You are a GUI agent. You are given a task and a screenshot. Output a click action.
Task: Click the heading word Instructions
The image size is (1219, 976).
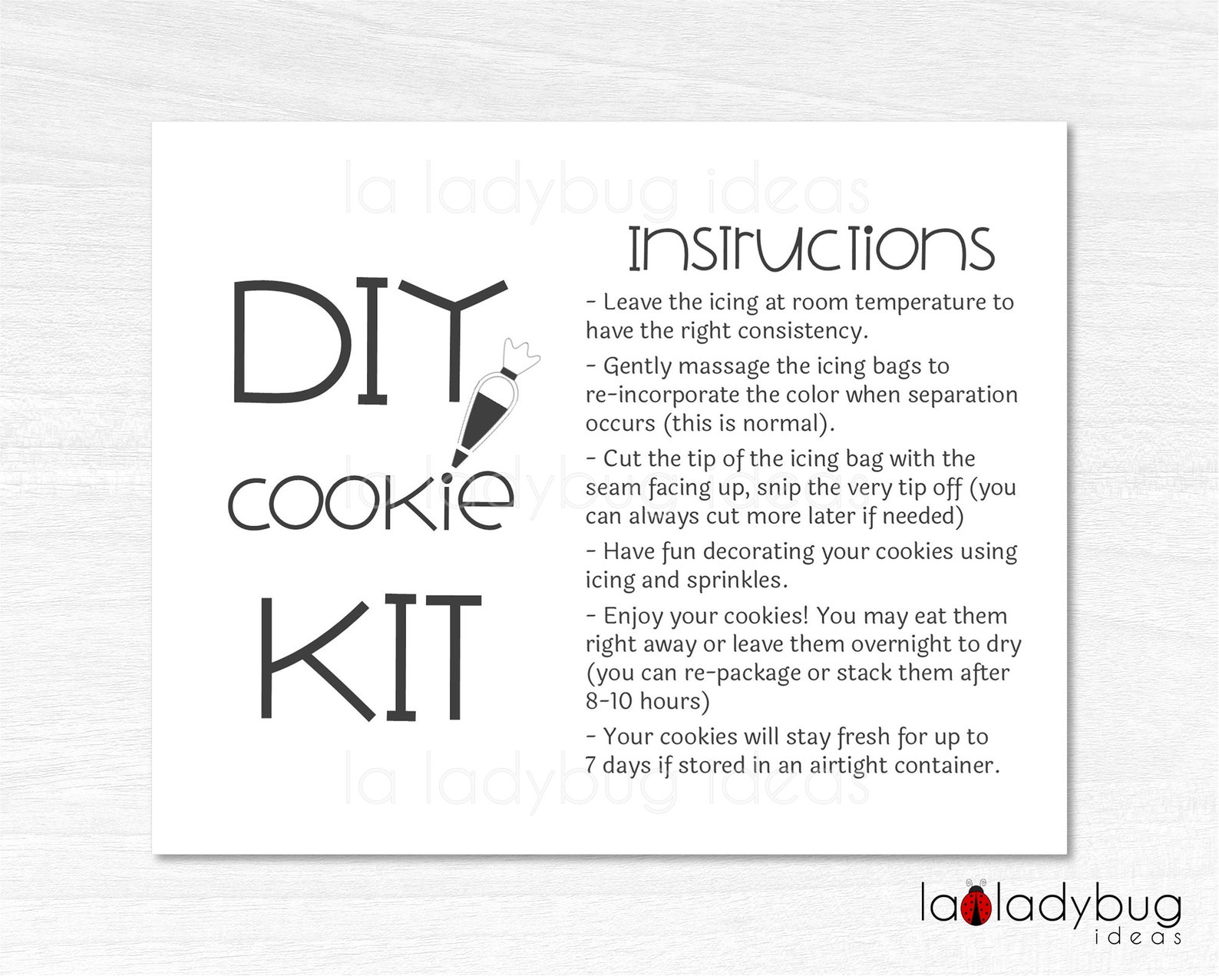811,250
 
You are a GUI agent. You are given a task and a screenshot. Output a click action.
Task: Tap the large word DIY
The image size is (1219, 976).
368,343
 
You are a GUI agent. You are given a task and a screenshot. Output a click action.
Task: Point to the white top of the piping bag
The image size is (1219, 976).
520,356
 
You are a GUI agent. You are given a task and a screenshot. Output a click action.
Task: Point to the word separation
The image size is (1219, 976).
963,395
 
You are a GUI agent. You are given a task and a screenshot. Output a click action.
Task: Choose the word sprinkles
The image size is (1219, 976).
737,581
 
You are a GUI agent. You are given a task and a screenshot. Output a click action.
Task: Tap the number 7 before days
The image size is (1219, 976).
590,766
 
